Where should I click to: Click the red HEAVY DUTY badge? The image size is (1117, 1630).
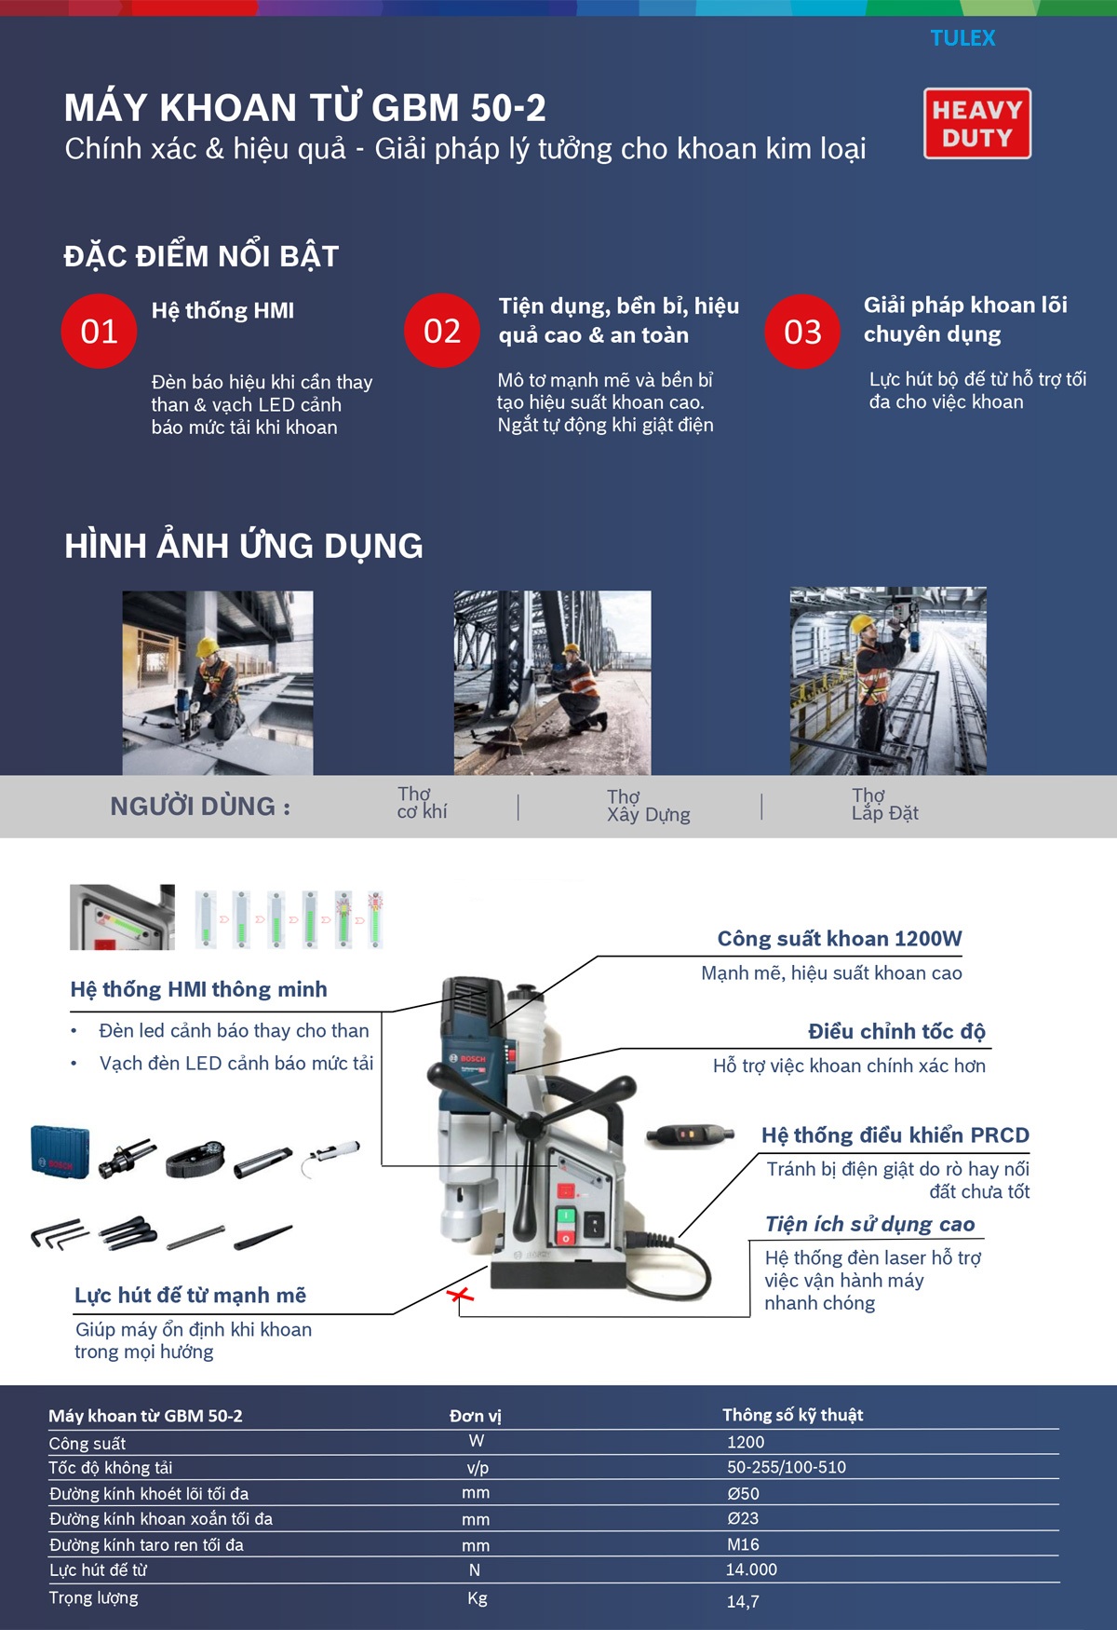[x=976, y=123]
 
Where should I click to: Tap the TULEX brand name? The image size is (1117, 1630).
[x=962, y=38]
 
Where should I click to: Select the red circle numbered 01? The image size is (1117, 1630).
[x=99, y=332]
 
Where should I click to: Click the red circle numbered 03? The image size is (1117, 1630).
[x=802, y=332]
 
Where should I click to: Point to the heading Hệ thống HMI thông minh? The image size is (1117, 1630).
[x=198, y=989]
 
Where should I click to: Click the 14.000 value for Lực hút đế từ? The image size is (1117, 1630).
[x=751, y=1569]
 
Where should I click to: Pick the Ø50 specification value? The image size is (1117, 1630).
[x=743, y=1493]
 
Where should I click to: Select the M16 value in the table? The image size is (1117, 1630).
[x=743, y=1544]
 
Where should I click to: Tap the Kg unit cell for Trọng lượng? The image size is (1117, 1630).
[x=477, y=1598]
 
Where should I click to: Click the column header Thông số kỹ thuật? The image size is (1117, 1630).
[x=792, y=1415]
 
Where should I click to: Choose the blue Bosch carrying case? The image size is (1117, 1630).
[x=60, y=1152]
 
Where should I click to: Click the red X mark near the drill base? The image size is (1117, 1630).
[x=460, y=1295]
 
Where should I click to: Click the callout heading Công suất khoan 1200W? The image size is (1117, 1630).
[x=839, y=939]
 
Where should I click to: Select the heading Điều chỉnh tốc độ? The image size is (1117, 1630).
[x=896, y=1032]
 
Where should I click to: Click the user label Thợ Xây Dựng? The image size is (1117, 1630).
[x=648, y=806]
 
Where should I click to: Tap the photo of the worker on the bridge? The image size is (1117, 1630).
[x=552, y=682]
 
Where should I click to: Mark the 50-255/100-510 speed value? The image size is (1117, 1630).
[x=787, y=1467]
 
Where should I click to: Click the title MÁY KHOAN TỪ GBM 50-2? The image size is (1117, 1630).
[x=304, y=108]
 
